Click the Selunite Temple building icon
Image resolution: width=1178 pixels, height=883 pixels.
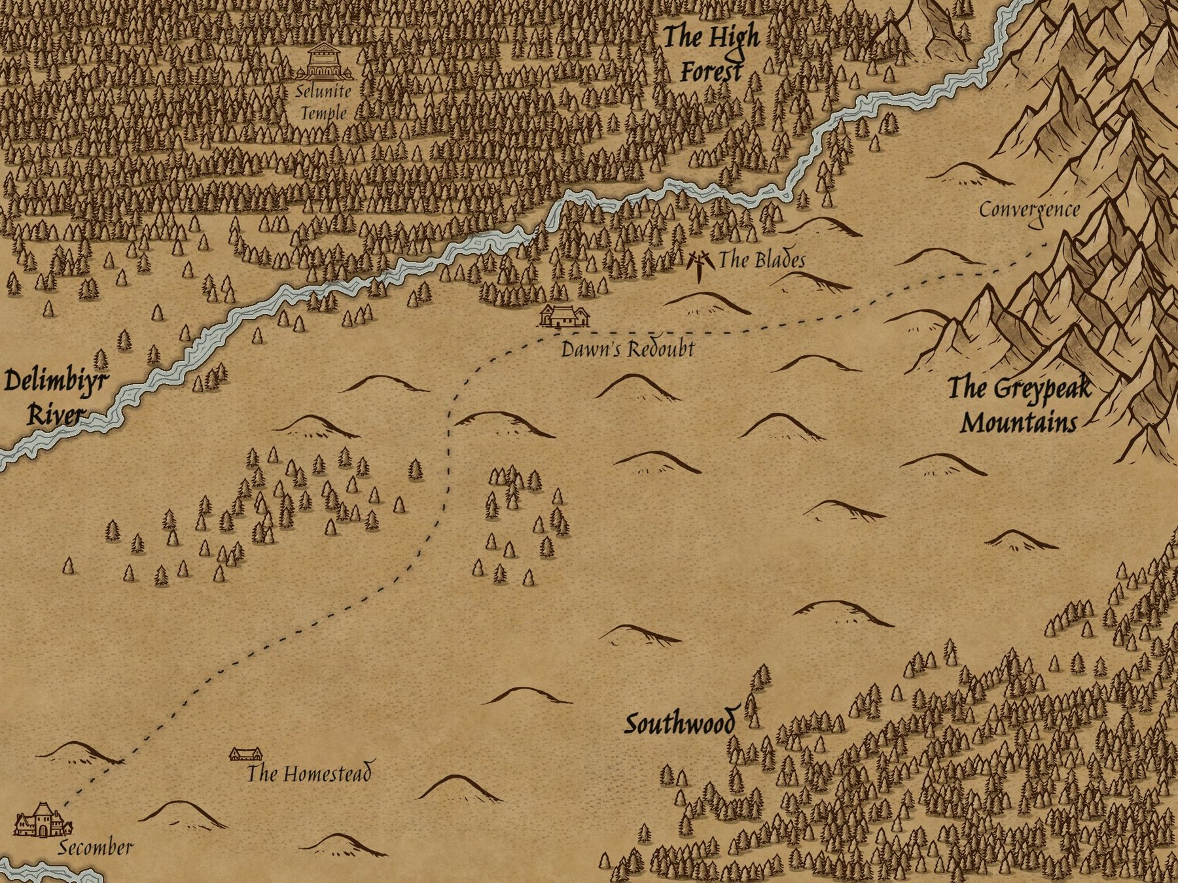point(323,61)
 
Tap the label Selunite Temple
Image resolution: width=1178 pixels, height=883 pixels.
point(323,101)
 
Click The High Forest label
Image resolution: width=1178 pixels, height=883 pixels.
point(711,54)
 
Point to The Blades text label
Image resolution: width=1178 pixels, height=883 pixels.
point(762,260)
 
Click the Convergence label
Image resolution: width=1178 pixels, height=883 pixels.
point(1029,211)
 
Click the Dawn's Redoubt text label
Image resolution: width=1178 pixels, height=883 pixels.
point(627,349)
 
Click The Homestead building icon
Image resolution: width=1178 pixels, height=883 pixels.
point(245,754)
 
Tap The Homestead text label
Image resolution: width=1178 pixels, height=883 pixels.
point(308,774)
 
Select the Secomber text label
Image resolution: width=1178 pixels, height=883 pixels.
point(96,848)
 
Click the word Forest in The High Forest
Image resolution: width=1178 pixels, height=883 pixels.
point(711,71)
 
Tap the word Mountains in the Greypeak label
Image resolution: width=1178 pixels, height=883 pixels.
point(1018,423)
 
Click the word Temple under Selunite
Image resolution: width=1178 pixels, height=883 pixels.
point(323,113)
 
